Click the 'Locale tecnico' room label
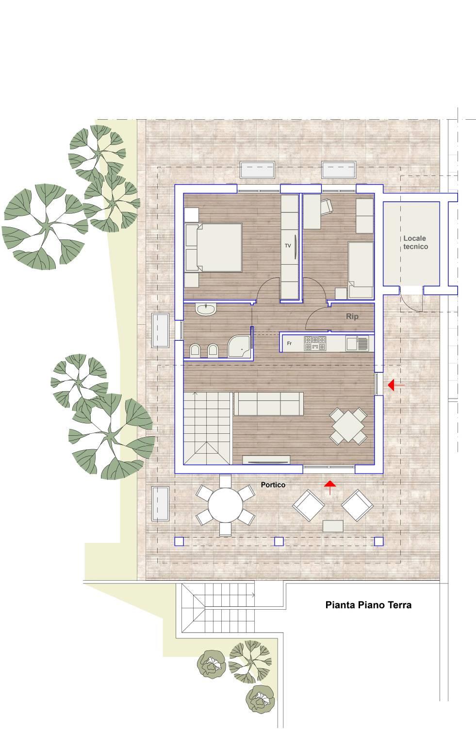[x=415, y=242]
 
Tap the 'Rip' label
[x=352, y=317]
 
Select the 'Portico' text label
[x=273, y=485]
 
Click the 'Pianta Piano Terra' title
[x=368, y=605]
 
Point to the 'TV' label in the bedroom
[x=288, y=246]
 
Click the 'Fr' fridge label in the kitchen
[x=289, y=344]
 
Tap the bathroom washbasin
[x=206, y=309]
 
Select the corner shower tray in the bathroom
[x=239, y=346]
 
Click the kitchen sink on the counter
[x=357, y=344]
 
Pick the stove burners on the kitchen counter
[x=315, y=344]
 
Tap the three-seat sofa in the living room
[x=269, y=404]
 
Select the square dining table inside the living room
[x=348, y=426]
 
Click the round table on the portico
[x=225, y=505]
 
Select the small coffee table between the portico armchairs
[x=333, y=526]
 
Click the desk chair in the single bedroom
[x=327, y=206]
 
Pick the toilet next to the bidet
[x=195, y=351]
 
